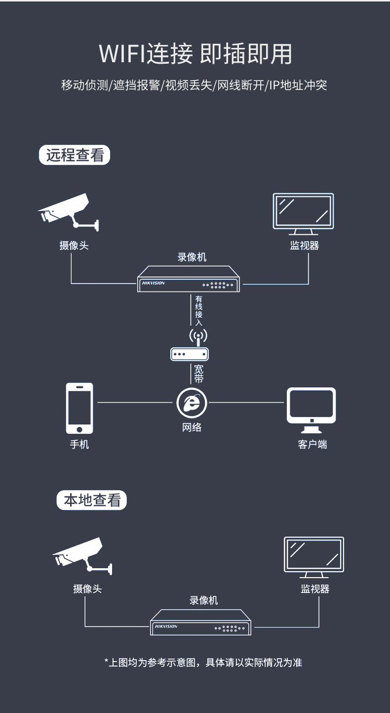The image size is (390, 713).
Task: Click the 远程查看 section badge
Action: coord(75,155)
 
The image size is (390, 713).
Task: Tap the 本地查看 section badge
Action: coord(92,500)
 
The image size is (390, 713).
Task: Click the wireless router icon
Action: coord(190,345)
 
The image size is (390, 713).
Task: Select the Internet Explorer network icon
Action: coord(192,403)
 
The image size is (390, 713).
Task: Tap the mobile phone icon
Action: coord(79,409)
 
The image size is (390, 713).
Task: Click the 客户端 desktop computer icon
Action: coord(311,410)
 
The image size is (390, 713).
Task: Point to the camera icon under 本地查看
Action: coord(82,556)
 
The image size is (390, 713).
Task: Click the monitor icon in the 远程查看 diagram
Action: coord(304,214)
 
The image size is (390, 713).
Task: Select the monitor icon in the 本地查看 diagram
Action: coord(314,557)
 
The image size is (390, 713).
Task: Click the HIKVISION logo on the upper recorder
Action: coord(154,283)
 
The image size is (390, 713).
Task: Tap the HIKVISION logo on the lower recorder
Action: coord(166,627)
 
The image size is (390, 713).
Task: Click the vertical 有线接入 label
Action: coord(199,311)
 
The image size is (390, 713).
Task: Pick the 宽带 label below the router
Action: coord(199,374)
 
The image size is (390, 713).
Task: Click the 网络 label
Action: coord(192,427)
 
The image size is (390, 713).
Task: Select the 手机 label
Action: coord(79,444)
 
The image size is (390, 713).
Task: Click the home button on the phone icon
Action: coord(79,429)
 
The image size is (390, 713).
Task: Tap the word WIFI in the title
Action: coord(122,53)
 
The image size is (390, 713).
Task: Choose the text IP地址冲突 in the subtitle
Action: coord(298,85)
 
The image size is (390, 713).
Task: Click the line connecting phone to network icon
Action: coord(135,402)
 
